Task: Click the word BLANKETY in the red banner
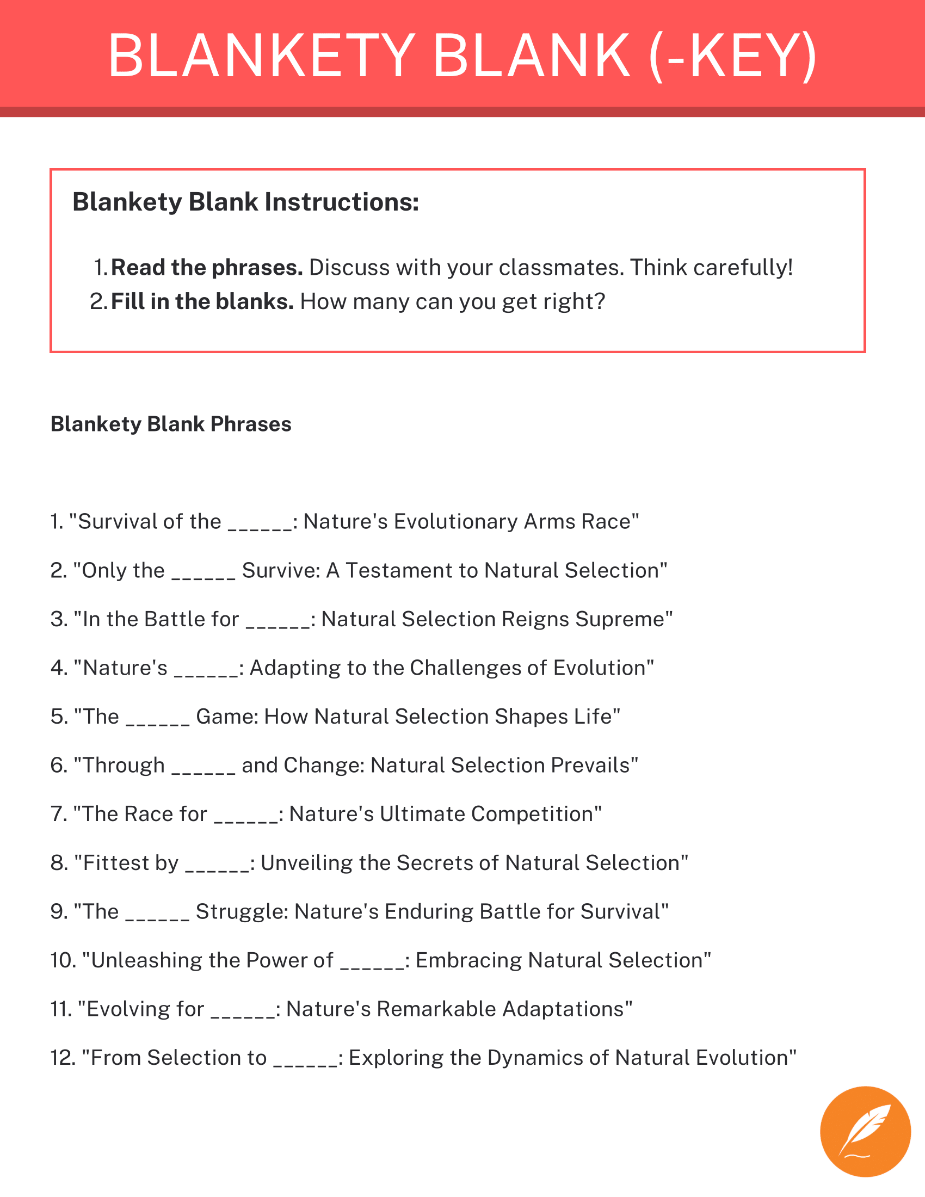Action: [261, 56]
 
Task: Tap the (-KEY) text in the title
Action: [733, 56]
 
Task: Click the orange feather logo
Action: [865, 1131]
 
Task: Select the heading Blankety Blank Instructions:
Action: [245, 202]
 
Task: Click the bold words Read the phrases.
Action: [207, 268]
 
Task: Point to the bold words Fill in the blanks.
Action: [202, 302]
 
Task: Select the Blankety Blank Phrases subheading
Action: [171, 424]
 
